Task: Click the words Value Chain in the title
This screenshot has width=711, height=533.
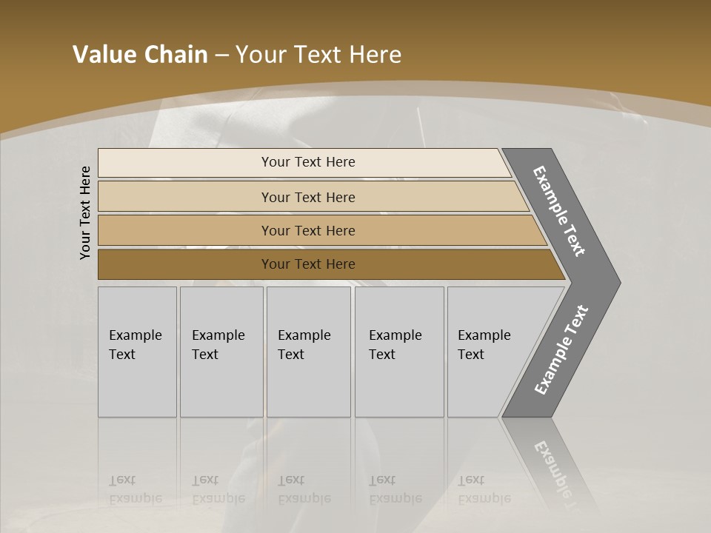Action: tap(140, 55)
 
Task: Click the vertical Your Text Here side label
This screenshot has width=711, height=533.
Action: tap(85, 212)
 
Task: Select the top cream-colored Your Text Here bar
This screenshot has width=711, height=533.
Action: tap(307, 162)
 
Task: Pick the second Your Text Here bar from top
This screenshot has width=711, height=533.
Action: tap(307, 197)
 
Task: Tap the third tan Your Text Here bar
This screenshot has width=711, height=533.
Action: tap(307, 230)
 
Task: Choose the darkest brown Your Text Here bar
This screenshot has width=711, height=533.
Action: tap(307, 264)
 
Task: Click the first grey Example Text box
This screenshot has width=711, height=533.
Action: tap(137, 352)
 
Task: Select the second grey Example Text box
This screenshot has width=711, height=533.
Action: tap(221, 352)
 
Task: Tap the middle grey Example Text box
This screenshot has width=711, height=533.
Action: tap(308, 352)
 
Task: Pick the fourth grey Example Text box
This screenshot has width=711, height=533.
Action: tap(399, 352)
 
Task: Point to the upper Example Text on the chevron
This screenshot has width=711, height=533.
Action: tap(560, 211)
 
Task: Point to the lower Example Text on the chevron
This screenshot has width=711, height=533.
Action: tap(561, 350)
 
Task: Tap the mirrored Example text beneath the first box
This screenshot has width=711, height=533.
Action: tap(135, 498)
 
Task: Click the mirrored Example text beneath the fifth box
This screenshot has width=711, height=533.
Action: tap(484, 498)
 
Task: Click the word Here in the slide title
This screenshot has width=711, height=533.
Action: tap(375, 55)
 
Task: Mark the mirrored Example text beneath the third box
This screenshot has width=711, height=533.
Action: tap(304, 498)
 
